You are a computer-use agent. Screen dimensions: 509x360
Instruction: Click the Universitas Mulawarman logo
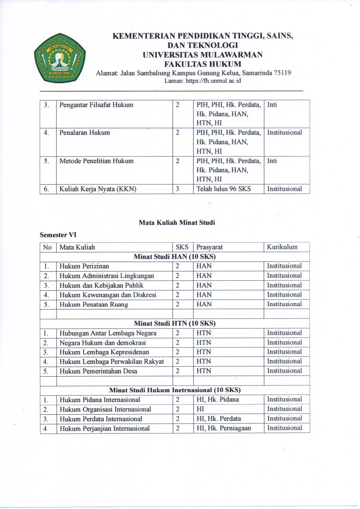pos(60,58)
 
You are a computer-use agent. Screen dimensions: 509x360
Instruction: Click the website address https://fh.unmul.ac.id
pos(213,81)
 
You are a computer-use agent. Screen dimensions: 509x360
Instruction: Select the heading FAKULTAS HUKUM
pos(203,64)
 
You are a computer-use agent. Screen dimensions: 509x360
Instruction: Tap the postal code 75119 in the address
pos(282,73)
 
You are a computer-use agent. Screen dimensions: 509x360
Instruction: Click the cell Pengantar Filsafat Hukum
pos(96,105)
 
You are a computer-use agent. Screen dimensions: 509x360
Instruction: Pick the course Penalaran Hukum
pos(85,133)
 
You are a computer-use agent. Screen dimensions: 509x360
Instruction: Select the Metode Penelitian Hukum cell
pos(96,161)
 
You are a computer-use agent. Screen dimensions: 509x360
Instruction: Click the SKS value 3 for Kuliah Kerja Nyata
pos(177,189)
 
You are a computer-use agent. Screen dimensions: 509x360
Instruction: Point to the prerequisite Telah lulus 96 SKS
pos(224,189)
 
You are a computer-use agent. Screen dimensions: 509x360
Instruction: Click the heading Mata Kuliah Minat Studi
pos(177,222)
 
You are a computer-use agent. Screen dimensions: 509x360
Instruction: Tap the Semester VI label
pos(58,235)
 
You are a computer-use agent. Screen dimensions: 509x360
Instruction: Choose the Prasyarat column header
pos(209,247)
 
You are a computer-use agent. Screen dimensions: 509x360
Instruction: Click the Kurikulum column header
pos(282,247)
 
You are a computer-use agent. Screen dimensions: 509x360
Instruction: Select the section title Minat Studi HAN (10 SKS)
pos(175,257)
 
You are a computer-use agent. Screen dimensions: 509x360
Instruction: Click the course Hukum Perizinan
pos(84,266)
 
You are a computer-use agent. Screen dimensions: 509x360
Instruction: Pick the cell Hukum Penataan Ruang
pos(94,305)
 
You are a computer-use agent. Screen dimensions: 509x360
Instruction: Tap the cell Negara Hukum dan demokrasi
pos(102,343)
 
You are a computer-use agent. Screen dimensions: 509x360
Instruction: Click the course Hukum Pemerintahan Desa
pos(98,371)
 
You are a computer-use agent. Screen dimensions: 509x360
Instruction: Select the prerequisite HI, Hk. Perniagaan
pos(224,428)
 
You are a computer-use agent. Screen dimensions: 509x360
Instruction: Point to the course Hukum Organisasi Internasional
pos(105,409)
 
